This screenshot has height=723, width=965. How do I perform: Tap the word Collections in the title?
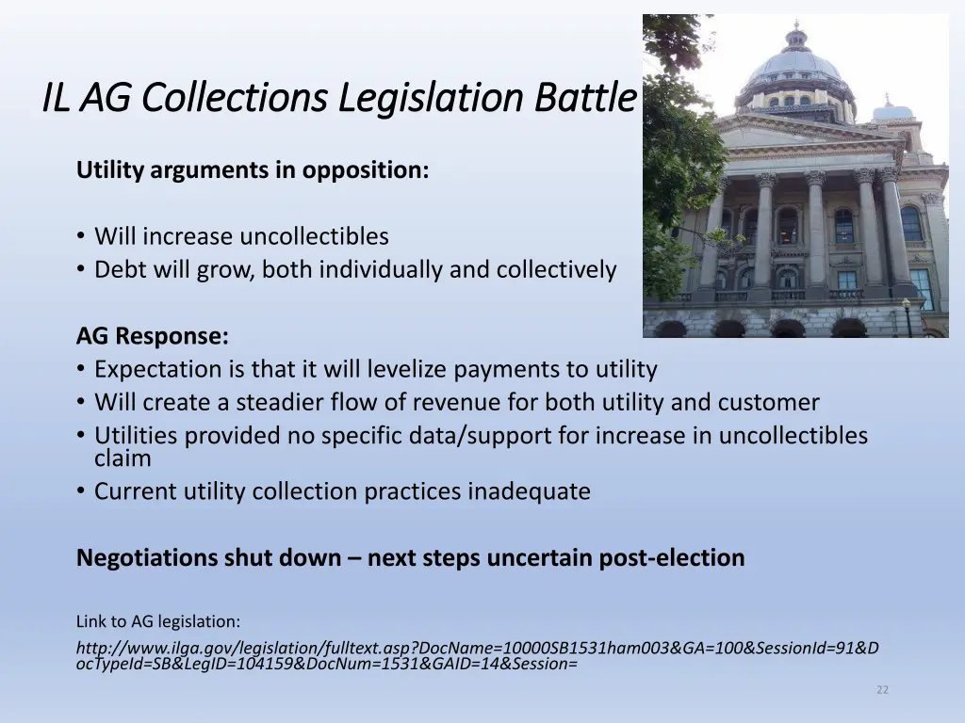pyautogui.click(x=235, y=98)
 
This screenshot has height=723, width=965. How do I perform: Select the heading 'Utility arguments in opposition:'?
pyautogui.click(x=253, y=170)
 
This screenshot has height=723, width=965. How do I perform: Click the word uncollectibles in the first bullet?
pyautogui.click(x=314, y=236)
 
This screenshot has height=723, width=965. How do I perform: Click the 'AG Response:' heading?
pyautogui.click(x=153, y=336)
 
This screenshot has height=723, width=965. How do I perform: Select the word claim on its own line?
pyautogui.click(x=123, y=458)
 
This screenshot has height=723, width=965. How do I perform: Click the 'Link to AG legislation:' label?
pyautogui.click(x=158, y=621)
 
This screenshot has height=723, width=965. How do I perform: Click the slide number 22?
pyautogui.click(x=882, y=690)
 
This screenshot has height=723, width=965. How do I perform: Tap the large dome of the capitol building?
pyautogui.click(x=794, y=66)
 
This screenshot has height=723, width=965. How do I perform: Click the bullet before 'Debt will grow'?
pyautogui.click(x=82, y=270)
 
